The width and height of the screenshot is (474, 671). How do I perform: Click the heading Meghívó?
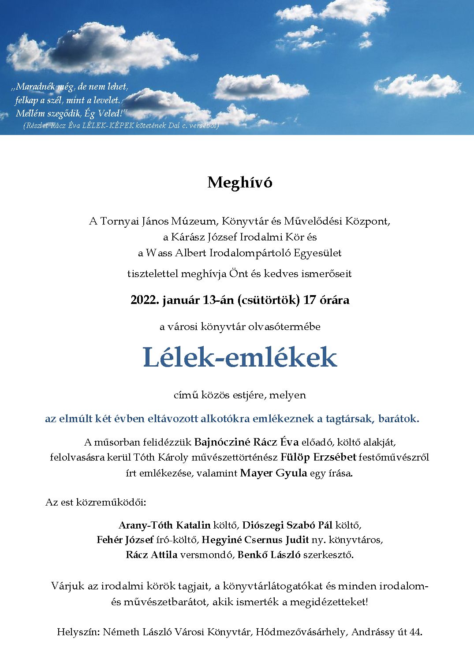(x=239, y=183)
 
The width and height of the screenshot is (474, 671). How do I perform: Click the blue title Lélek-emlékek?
(x=239, y=358)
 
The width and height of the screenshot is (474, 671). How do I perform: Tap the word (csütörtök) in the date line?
(x=269, y=300)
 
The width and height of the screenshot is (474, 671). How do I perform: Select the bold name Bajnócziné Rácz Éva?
(x=246, y=442)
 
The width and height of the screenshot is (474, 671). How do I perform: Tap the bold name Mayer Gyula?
(x=273, y=473)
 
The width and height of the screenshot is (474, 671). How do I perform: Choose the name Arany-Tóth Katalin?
(x=164, y=525)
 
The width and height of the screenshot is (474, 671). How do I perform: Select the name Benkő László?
(x=269, y=555)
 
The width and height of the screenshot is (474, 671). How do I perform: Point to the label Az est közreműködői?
(x=96, y=502)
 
